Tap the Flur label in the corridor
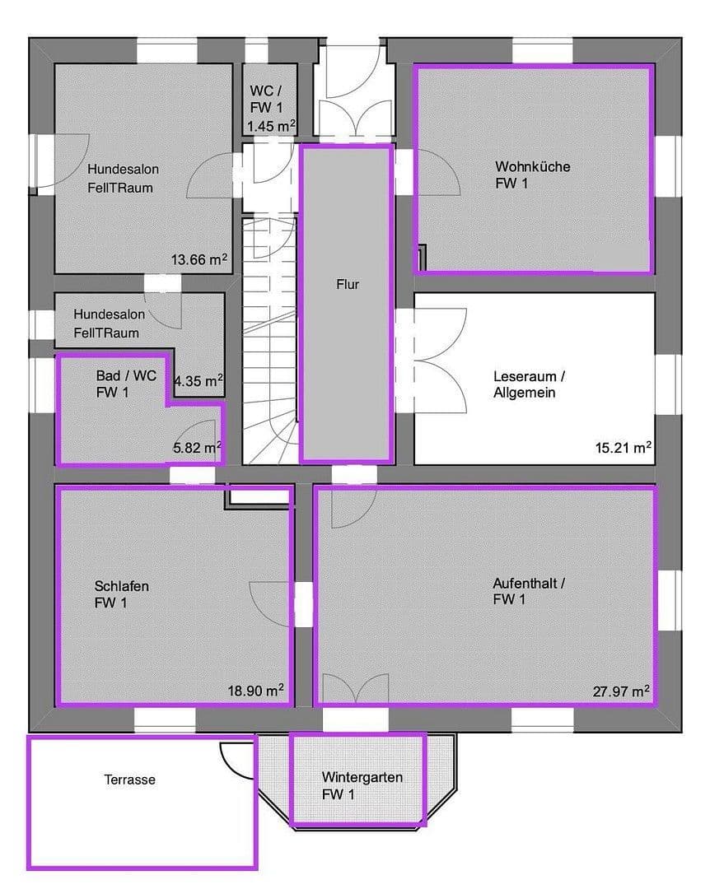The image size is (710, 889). (x=347, y=285)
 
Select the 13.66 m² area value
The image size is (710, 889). (x=199, y=260)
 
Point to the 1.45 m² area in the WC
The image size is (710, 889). (x=271, y=126)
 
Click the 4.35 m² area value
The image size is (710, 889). (x=199, y=381)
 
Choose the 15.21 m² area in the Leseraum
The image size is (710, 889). (x=624, y=448)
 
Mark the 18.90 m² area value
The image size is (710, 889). (x=256, y=691)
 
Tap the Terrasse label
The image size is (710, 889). (x=129, y=779)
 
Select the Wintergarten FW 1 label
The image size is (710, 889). (x=357, y=785)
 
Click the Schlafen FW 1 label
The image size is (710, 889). (x=121, y=595)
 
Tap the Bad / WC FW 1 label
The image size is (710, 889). (x=125, y=384)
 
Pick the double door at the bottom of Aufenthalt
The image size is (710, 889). (x=355, y=688)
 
